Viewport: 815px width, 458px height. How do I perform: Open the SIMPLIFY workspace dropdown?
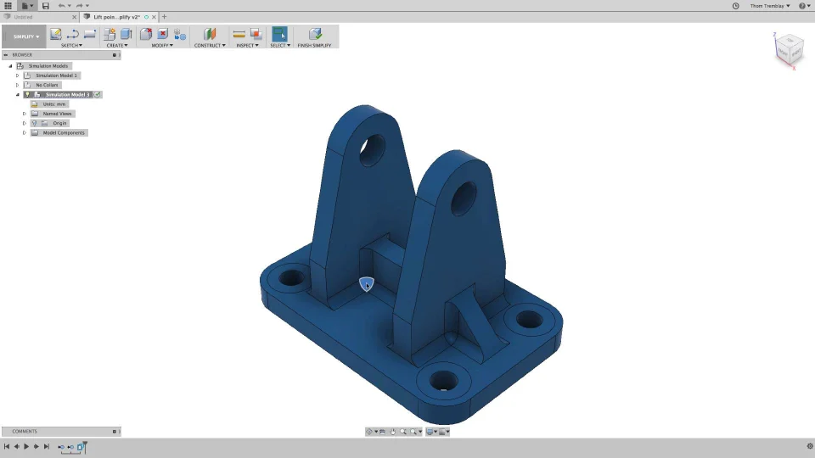coord(25,36)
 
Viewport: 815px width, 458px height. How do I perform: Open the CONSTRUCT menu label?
coord(210,45)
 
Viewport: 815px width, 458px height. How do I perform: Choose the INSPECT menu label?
coord(247,45)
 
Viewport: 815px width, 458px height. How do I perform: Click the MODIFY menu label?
coord(161,45)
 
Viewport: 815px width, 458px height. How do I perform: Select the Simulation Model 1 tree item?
coord(56,75)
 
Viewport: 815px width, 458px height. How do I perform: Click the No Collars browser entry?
coord(47,85)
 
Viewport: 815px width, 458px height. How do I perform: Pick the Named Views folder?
coord(58,114)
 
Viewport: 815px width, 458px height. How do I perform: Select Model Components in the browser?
coord(64,132)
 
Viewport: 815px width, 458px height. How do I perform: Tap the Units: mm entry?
coord(54,104)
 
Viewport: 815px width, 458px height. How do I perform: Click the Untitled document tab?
coord(24,17)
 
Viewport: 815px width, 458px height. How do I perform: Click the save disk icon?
coord(45,6)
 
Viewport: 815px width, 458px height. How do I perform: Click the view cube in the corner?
coord(789,48)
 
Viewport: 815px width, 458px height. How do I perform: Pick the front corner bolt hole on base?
coord(444,380)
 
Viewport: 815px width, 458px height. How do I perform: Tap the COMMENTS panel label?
coord(25,431)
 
